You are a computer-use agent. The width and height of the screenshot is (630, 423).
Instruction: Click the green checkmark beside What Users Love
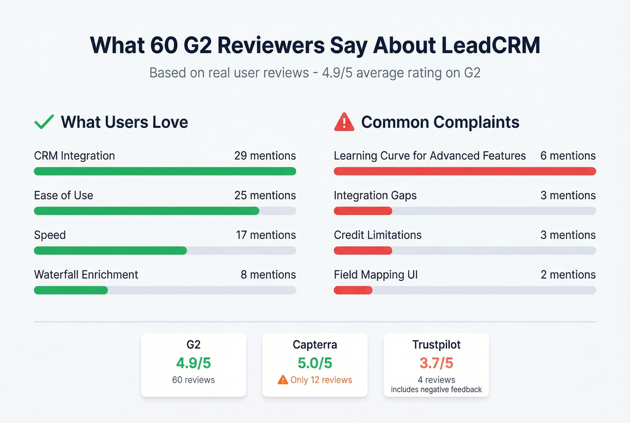pos(44,122)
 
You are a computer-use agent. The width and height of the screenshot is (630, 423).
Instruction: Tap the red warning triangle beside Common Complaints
pos(344,122)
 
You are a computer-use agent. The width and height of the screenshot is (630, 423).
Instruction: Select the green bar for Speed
pos(110,250)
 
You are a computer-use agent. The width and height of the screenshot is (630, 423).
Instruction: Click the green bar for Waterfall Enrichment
pos(71,290)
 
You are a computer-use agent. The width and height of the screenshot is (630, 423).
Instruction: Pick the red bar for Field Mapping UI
pos(353,290)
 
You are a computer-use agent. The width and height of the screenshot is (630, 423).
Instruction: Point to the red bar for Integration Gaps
pos(363,211)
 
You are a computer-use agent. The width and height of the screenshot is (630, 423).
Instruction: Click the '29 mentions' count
pos(265,156)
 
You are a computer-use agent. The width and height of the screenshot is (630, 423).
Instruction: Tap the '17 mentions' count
pos(265,235)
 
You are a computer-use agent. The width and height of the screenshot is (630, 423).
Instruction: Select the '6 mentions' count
pos(568,156)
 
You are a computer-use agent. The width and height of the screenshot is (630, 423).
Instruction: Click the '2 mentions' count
pos(568,275)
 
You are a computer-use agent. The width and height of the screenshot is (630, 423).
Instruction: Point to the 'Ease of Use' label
pos(63,196)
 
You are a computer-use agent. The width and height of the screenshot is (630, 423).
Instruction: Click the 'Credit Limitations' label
pos(378,235)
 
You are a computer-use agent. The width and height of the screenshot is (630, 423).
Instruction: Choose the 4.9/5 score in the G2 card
pos(193,363)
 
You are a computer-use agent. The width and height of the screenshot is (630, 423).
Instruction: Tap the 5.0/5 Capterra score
pos(315,363)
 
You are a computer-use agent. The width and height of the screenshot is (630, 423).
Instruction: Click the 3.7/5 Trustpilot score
pos(436,363)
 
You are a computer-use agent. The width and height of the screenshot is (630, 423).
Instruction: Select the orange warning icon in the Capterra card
pos(283,380)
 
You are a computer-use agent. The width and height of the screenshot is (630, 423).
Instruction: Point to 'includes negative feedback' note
pos(436,390)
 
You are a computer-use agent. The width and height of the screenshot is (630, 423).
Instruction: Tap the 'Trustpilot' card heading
pos(436,345)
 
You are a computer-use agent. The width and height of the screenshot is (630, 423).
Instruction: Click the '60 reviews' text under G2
pos(193,380)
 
